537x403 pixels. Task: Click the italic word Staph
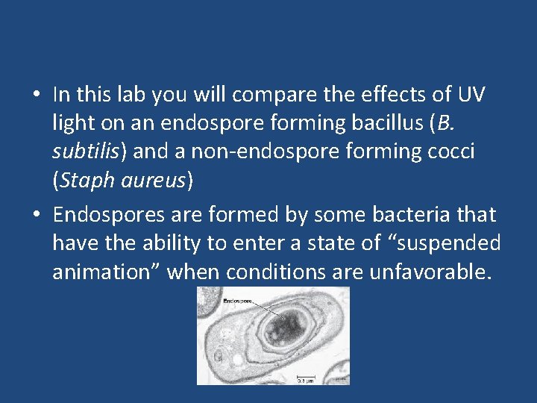click(86, 180)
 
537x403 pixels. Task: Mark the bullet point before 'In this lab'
click(36, 96)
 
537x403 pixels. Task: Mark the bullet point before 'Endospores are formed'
click(36, 216)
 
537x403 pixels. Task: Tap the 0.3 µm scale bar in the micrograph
click(305, 376)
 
